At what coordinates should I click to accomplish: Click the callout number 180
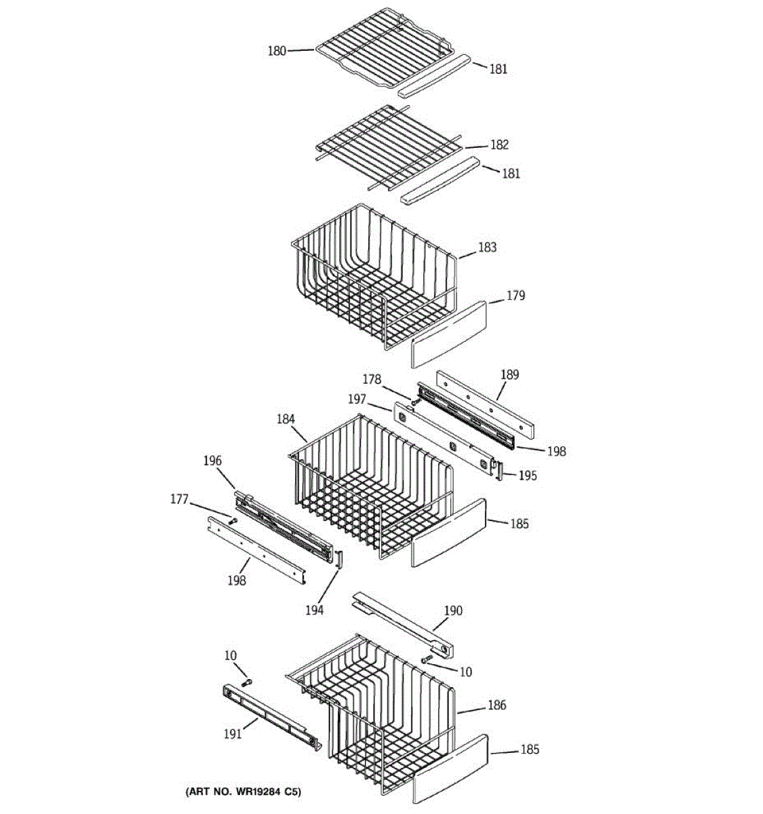[277, 50]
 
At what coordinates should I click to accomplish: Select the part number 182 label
[499, 144]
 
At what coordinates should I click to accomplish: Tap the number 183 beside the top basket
[487, 247]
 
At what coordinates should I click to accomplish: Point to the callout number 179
[515, 296]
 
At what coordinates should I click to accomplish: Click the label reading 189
[509, 374]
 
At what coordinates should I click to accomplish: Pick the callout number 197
[357, 400]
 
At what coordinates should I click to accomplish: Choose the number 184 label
[285, 419]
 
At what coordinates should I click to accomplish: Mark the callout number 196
[212, 461]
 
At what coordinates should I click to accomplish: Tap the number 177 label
[179, 500]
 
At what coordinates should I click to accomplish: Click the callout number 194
[314, 610]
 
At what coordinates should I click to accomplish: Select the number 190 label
[453, 610]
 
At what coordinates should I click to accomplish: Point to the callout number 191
[233, 734]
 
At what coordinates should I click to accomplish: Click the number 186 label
[496, 705]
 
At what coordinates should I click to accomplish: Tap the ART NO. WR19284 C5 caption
[242, 792]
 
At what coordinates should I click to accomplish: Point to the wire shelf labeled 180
[380, 53]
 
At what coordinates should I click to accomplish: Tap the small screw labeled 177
[232, 521]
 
